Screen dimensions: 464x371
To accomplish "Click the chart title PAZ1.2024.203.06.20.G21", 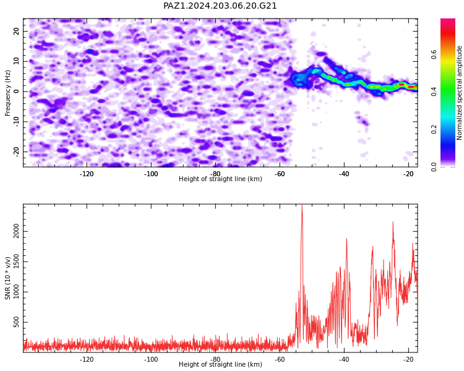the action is click(220, 6).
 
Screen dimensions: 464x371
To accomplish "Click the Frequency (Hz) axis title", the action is click(7, 93).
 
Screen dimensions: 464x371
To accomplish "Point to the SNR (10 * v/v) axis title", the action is click(7, 278).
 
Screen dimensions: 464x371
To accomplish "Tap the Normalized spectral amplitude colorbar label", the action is click(459, 93).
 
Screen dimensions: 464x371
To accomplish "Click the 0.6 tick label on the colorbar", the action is click(434, 54).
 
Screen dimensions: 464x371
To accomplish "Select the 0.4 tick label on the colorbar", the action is click(434, 92).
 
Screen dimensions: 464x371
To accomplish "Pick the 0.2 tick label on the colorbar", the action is click(434, 129).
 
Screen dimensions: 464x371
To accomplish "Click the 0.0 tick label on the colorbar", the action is click(434, 167).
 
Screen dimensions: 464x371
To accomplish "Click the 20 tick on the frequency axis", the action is click(16, 31).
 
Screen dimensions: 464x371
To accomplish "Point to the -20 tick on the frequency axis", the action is click(16, 151).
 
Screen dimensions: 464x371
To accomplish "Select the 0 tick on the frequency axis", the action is click(16, 92).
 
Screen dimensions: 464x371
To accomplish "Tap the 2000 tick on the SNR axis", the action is click(16, 232).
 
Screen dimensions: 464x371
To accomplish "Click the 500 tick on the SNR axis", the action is click(16, 322).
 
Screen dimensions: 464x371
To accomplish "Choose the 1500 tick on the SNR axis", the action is click(16, 262).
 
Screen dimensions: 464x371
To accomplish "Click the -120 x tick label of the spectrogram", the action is click(87, 174).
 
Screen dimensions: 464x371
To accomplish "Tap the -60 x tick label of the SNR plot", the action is click(280, 359).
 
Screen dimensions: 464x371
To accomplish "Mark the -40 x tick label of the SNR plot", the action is click(344, 359).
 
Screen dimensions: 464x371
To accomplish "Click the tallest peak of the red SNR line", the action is click(302, 205).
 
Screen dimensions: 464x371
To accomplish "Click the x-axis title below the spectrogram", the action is click(220, 179).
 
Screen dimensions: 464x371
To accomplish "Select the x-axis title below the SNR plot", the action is click(220, 364).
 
